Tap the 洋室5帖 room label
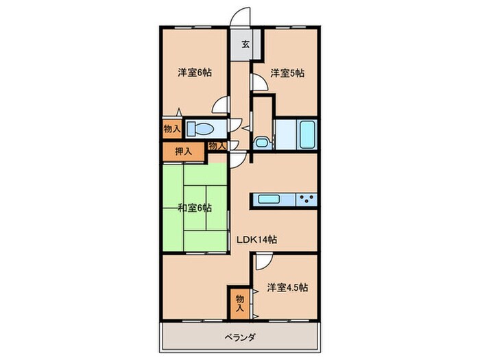(287, 72)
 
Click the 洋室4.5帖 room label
(288, 287)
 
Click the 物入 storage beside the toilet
(171, 128)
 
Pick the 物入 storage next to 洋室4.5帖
(239, 302)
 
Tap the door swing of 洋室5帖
(259, 82)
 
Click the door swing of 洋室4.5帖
(263, 261)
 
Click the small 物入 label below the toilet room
(217, 146)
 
